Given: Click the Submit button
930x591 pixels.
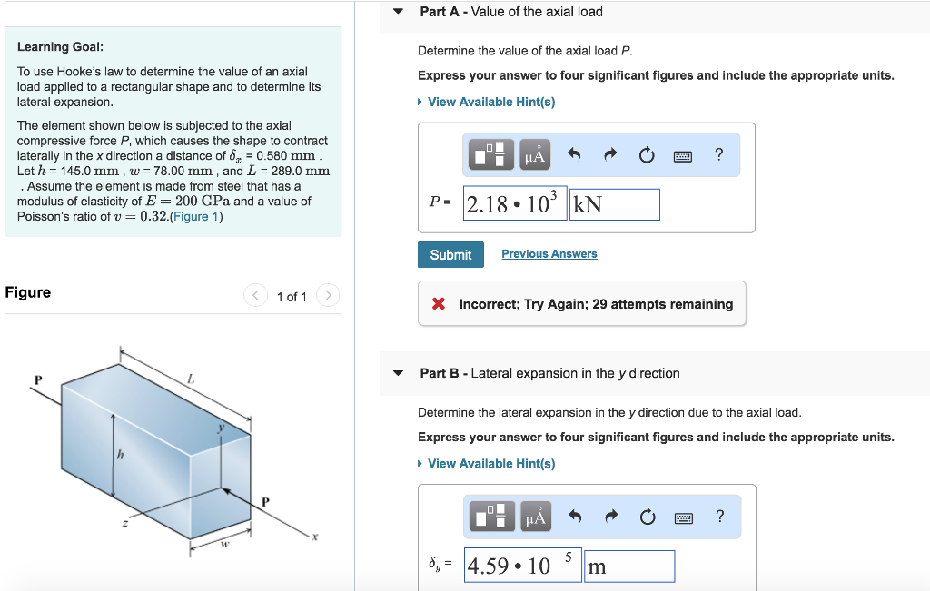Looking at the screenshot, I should (450, 254).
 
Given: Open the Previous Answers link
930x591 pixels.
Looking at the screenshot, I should (549, 254).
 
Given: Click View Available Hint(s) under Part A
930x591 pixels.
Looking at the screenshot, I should (490, 102).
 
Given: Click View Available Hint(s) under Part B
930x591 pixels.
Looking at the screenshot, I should (490, 464).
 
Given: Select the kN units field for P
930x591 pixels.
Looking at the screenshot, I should (614, 204).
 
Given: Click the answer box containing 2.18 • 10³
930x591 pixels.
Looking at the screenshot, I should (514, 204).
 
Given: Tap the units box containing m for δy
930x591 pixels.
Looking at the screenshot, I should (628, 566).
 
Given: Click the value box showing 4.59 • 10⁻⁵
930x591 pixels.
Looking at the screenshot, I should (521, 566).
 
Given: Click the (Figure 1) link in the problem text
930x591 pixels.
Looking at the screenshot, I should (197, 216).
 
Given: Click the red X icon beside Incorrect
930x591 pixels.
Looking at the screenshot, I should (439, 304).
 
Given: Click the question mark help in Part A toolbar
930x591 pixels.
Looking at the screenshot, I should (719, 154).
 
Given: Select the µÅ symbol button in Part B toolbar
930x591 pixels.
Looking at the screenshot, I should (535, 517).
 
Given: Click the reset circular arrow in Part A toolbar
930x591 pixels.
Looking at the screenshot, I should (646, 155).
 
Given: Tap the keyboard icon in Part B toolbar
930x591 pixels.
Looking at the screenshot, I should (683, 517).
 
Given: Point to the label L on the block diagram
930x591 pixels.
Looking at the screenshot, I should (191, 379).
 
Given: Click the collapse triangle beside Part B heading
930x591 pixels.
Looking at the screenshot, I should (397, 373).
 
